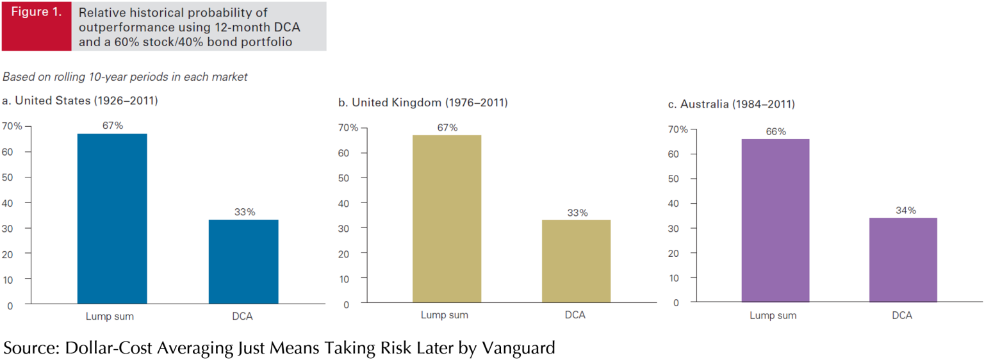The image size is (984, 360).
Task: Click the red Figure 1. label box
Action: pos(37,26)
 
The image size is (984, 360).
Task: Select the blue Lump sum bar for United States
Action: pos(112,218)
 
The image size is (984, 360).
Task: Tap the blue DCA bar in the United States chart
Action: pos(243,261)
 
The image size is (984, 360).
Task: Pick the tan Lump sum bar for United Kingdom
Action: pos(447,218)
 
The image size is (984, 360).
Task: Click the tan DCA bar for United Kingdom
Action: pos(576,261)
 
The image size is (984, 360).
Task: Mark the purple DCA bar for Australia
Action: pos(903,259)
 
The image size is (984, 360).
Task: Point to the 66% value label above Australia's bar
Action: pos(775,132)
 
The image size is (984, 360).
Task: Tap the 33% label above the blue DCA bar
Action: pos(244,212)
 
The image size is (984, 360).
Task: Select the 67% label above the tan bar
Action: pos(447,127)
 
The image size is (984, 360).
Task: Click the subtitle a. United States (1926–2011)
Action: pos(80,101)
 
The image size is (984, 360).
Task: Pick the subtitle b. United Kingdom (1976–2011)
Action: pos(423,102)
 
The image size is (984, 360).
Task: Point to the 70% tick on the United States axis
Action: pos(12,126)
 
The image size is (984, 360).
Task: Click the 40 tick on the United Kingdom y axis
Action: pos(344,203)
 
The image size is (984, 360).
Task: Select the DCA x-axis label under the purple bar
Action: pos(902,316)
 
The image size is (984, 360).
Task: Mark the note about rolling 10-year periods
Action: pos(125,77)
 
